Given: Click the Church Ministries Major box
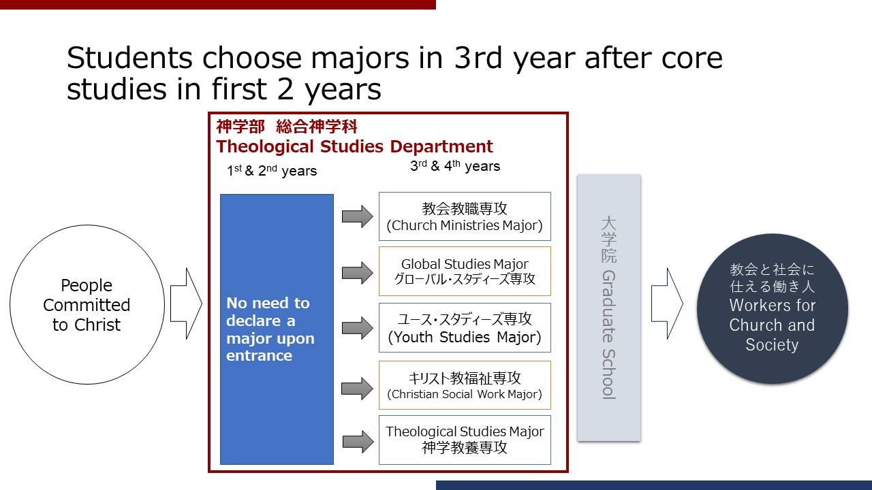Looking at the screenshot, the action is click(465, 216).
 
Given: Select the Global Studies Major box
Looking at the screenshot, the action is click(465, 271).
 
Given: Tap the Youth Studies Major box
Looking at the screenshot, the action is click(465, 327).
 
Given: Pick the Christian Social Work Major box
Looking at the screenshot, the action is click(465, 385).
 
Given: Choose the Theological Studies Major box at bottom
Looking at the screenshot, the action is click(465, 440).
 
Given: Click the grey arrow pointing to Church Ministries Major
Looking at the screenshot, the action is click(358, 216).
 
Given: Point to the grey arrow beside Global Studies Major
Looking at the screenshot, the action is click(358, 273).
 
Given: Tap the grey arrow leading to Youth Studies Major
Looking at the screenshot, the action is click(358, 328).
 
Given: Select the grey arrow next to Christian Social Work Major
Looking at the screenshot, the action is click(358, 389).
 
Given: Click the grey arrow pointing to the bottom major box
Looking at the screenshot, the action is click(358, 442).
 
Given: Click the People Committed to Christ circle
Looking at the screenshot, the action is click(87, 304).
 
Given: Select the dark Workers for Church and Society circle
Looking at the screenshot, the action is click(773, 308).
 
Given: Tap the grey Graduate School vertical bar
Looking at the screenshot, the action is click(609, 308).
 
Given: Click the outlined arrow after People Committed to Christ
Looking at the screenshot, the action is click(187, 304).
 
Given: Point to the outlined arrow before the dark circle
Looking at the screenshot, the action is click(667, 304).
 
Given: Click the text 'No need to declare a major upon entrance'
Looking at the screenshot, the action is click(270, 329).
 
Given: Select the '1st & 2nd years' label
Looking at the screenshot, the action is click(272, 170).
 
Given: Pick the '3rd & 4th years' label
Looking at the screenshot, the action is click(455, 165).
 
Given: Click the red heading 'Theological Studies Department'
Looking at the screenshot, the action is click(355, 146).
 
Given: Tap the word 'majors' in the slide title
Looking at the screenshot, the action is click(360, 59).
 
